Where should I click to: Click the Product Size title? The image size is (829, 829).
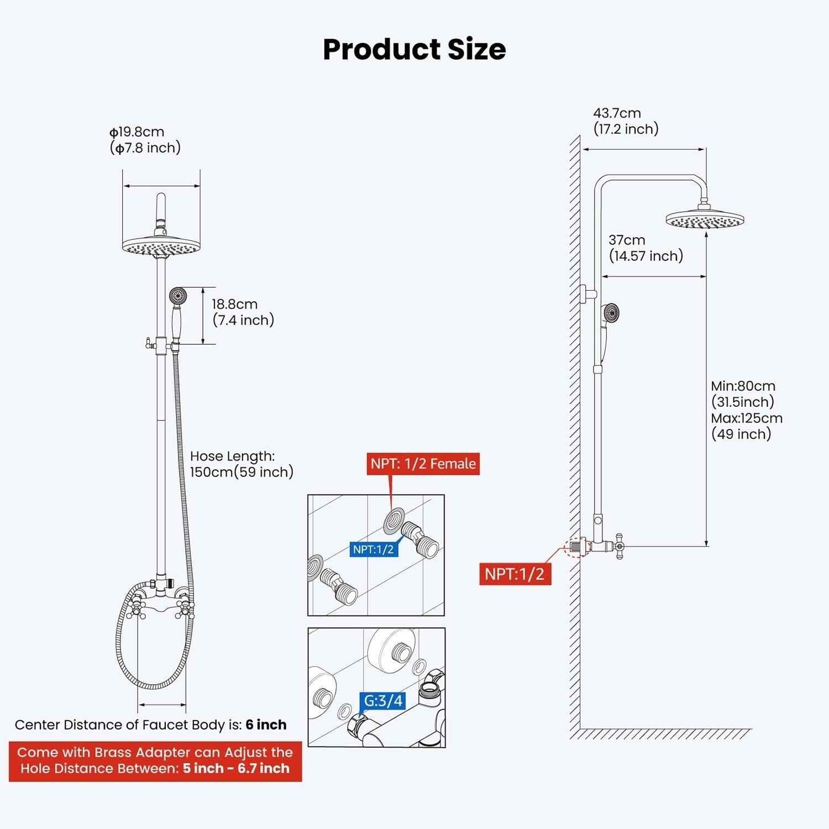tap(414, 49)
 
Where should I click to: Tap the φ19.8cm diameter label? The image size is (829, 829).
tap(137, 132)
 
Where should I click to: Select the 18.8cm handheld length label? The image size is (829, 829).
tap(234, 304)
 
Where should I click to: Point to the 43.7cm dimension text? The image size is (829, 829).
tap(617, 113)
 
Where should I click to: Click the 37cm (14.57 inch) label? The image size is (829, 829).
tap(646, 248)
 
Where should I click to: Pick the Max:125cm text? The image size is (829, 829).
tap(747, 418)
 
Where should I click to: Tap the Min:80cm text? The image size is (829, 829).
tap(743, 386)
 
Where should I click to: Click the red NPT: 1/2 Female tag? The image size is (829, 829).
tap(423, 464)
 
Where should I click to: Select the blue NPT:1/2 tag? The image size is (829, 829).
tap(374, 549)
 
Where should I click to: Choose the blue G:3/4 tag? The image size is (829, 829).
tap(383, 701)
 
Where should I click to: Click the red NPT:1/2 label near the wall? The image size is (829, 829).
tap(515, 574)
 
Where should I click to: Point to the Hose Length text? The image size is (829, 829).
tap(232, 456)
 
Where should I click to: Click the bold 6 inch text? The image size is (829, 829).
tap(266, 725)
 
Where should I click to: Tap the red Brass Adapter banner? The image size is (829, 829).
tap(155, 760)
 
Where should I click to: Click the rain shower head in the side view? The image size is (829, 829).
tap(705, 219)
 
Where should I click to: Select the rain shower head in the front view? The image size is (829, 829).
tap(161, 246)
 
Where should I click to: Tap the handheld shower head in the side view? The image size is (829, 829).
tap(611, 313)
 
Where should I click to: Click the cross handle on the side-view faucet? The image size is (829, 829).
tap(618, 547)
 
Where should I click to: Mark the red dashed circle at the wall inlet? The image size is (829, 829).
tap(578, 547)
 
